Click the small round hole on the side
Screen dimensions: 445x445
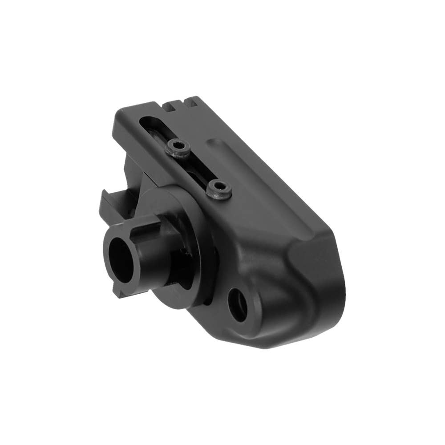pos(238,305)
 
